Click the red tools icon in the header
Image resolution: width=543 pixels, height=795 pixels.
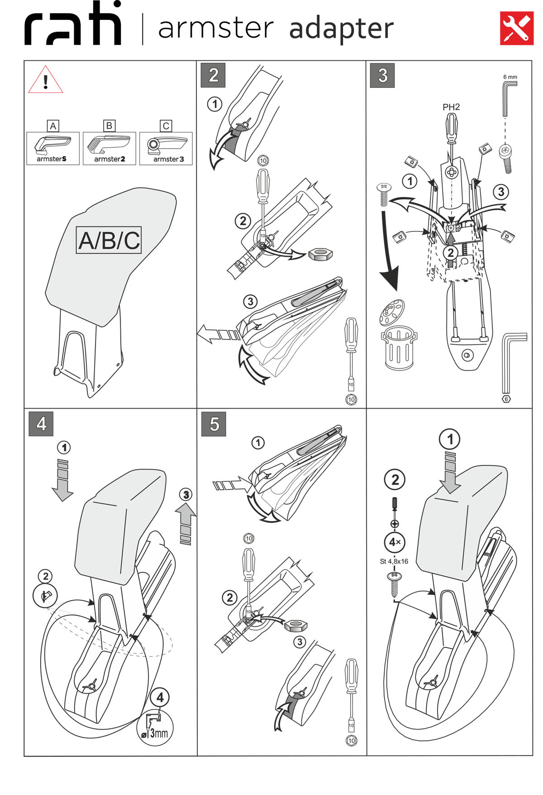click(x=516, y=28)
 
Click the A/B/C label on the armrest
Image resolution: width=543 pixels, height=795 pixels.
click(x=109, y=240)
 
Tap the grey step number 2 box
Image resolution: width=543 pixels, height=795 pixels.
click(x=213, y=75)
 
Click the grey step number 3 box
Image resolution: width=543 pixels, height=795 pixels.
click(x=382, y=75)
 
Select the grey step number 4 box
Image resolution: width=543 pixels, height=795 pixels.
click(x=41, y=424)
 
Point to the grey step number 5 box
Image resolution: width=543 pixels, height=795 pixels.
click(x=214, y=424)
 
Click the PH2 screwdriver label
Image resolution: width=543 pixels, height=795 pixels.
click(x=451, y=107)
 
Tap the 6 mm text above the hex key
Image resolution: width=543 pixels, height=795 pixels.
click(x=510, y=77)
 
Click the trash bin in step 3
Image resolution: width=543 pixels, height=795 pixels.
click(x=399, y=349)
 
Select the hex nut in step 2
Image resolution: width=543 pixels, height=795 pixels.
click(x=321, y=254)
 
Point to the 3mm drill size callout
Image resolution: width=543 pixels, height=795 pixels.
click(x=155, y=732)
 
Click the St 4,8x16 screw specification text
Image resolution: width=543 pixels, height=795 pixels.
click(x=394, y=561)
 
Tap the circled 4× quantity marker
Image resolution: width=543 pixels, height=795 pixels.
click(x=395, y=542)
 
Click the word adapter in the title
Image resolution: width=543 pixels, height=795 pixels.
click(x=341, y=29)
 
